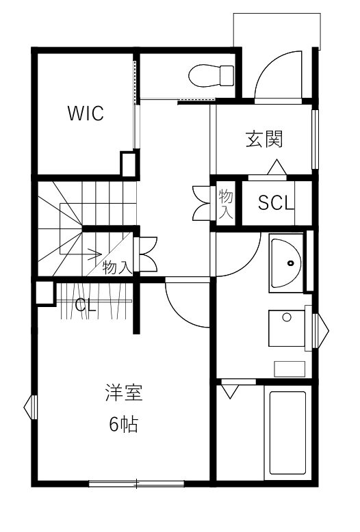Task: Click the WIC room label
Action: (86, 113)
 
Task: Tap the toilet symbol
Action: (211, 76)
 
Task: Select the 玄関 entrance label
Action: (264, 139)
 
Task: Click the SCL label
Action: (276, 203)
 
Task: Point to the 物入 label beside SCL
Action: (225, 204)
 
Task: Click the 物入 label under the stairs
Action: (117, 267)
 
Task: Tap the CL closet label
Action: (86, 305)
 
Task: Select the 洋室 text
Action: (124, 393)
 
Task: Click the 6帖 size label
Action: (124, 424)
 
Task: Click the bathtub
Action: (287, 433)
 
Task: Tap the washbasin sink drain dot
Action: (290, 263)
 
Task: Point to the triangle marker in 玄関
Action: (277, 167)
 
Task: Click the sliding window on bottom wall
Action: (136, 483)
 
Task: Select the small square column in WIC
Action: (129, 165)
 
